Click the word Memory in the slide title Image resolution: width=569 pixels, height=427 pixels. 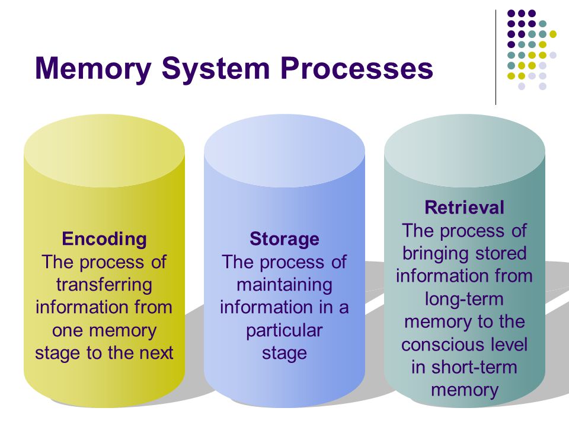point(93,69)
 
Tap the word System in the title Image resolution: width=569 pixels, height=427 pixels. point(216,69)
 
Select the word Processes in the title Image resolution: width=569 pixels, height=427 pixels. point(357,69)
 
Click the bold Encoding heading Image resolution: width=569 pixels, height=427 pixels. point(104,240)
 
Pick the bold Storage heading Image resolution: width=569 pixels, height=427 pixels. point(284,239)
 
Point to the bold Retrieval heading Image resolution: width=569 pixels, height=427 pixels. point(465,208)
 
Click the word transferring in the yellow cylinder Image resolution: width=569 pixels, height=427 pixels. point(104,285)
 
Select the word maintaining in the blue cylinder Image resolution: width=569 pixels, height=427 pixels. point(284,285)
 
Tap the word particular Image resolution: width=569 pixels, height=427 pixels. point(284,331)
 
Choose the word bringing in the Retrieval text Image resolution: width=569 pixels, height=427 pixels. point(434,254)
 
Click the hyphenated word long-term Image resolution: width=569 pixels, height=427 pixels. point(465,299)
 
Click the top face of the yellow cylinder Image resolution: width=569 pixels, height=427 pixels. point(104,151)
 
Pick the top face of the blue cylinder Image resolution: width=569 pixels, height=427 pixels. point(284,151)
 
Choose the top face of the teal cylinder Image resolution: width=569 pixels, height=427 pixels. point(465,151)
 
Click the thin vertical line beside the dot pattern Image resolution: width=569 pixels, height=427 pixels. point(496,58)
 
